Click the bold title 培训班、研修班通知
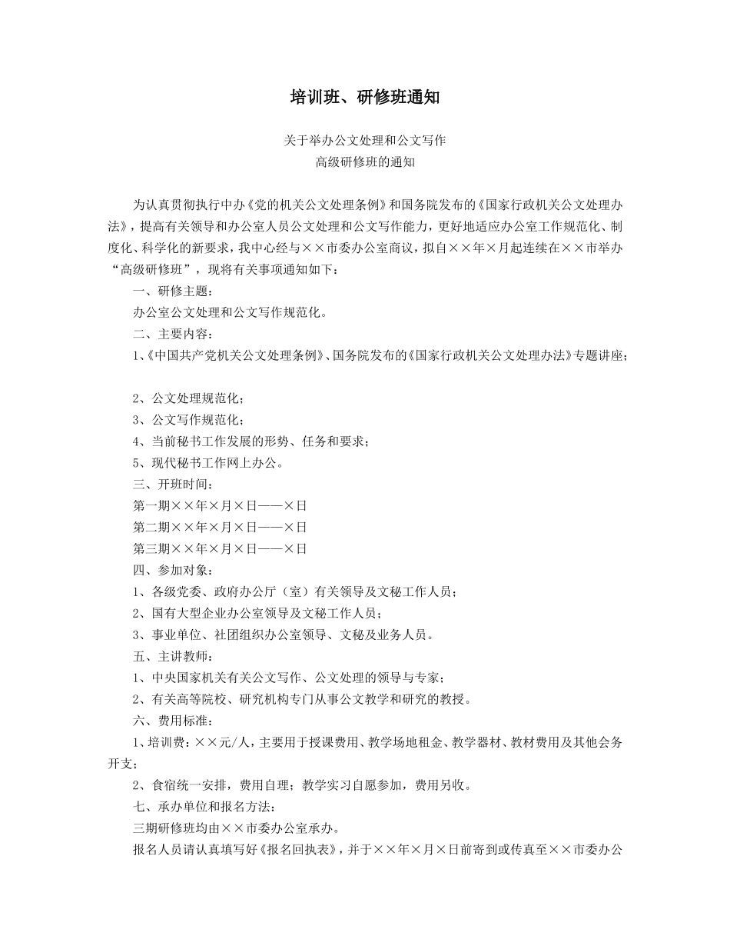click(364, 97)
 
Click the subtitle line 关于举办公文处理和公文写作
click(364, 141)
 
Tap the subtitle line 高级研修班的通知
click(364, 162)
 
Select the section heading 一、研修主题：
click(169, 291)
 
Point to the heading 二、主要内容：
click(169, 335)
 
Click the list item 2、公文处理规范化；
click(188, 398)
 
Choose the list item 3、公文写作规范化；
click(188, 420)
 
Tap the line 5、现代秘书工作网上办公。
click(209, 463)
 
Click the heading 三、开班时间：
click(169, 485)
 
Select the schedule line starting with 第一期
click(220, 506)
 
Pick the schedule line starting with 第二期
click(220, 528)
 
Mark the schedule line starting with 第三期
click(220, 549)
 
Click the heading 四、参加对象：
click(169, 571)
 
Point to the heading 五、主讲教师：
click(169, 657)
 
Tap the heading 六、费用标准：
click(169, 721)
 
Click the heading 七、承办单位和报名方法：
click(201, 808)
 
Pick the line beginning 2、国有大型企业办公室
click(257, 614)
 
